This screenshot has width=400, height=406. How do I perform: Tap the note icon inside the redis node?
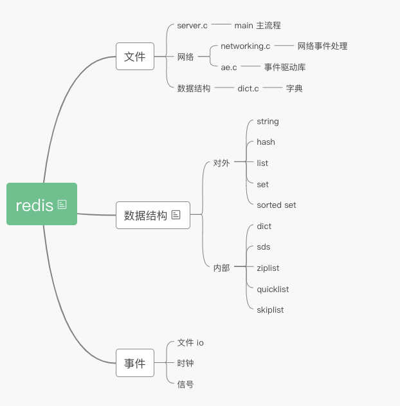62,205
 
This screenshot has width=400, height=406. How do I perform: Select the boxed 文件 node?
135,57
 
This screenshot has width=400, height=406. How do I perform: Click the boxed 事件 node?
135,363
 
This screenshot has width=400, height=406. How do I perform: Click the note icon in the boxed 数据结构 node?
176,215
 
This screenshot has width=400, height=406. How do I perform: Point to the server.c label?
192,26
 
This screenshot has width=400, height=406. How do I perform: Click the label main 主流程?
257,26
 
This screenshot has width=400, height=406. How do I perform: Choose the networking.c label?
245,46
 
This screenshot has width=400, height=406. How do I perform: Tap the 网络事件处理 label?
322,46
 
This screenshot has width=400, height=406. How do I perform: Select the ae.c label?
229,67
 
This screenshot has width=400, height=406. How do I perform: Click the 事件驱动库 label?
285,67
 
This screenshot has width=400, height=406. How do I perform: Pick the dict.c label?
248,88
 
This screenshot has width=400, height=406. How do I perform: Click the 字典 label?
295,88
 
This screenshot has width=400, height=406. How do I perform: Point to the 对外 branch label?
221,163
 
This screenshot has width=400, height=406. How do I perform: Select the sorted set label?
277,205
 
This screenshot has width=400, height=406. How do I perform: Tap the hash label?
266,142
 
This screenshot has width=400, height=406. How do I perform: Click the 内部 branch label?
221,268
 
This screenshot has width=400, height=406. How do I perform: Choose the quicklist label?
273,289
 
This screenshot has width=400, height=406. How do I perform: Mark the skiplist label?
270,310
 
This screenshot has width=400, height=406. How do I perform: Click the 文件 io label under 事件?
190,343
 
